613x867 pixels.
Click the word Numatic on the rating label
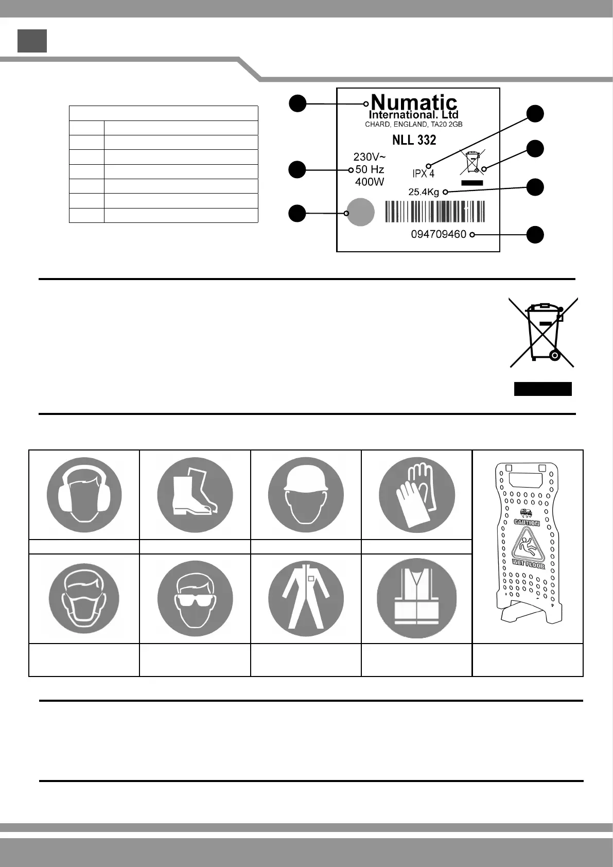(414, 102)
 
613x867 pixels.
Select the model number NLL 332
(414, 140)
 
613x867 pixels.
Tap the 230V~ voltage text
(369, 157)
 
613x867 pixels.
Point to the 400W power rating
(370, 182)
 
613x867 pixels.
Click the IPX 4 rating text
(424, 174)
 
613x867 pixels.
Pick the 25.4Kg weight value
(424, 193)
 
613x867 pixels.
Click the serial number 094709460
(439, 235)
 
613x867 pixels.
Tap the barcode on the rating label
(435, 212)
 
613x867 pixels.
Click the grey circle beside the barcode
(360, 212)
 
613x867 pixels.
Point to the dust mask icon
(84, 599)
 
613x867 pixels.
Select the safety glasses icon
(195, 599)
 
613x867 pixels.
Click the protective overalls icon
(306, 599)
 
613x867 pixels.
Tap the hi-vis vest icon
(416, 599)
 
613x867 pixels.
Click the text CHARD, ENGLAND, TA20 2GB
(414, 125)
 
